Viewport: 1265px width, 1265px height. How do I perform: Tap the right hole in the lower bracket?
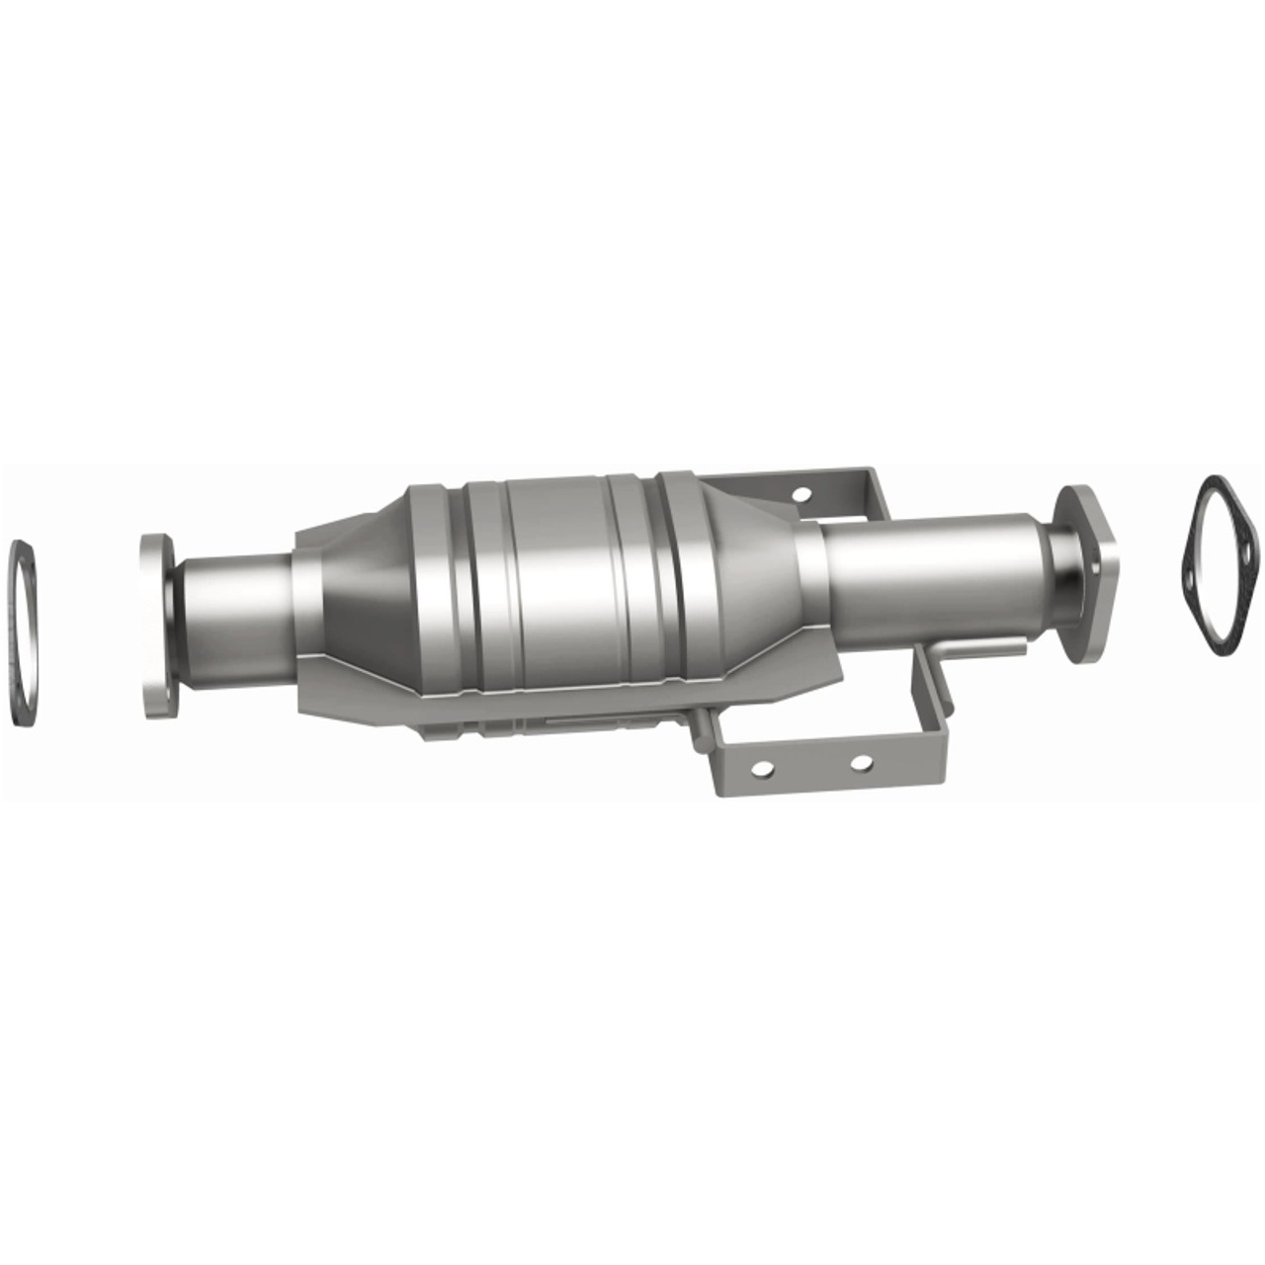[863, 763]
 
